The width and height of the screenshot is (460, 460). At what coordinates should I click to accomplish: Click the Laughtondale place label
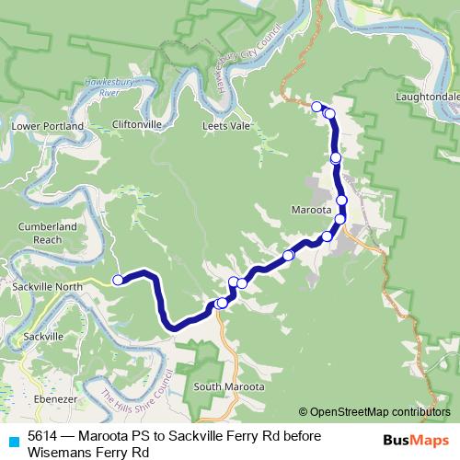[422, 95]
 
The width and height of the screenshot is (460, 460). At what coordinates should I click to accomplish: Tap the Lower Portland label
[47, 126]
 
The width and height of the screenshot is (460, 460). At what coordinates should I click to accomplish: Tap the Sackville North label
[48, 287]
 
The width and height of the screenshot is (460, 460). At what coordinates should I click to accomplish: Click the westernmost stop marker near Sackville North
[117, 280]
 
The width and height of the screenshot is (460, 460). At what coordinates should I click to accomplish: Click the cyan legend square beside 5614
[11, 439]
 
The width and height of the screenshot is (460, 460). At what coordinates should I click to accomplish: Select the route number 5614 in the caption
[42, 437]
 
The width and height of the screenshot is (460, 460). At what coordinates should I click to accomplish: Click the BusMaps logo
[416, 440]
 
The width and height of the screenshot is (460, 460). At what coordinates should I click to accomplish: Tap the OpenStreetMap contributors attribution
[374, 412]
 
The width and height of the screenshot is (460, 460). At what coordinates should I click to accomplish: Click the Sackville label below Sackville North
[44, 337]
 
